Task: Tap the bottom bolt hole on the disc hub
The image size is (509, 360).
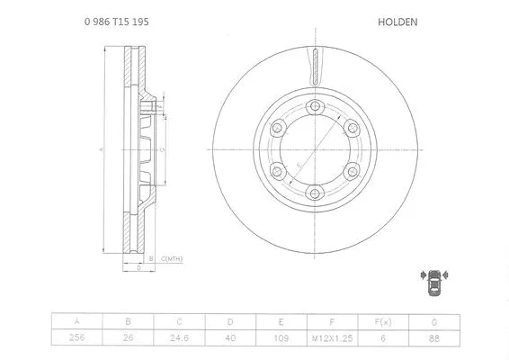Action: tap(314, 191)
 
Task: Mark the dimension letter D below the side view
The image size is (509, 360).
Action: tap(138, 268)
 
